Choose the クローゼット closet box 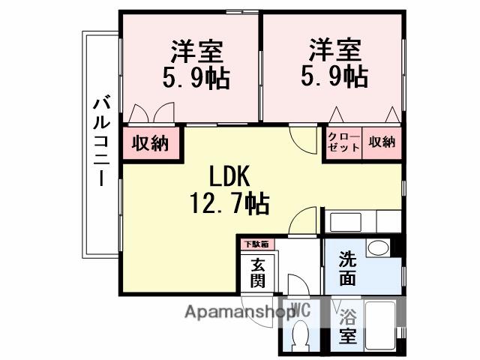click(342, 142)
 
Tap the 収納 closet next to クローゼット click(382, 142)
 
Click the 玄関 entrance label click(257, 273)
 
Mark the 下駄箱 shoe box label click(257, 244)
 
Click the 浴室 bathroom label click(347, 325)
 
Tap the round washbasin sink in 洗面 click(378, 248)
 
